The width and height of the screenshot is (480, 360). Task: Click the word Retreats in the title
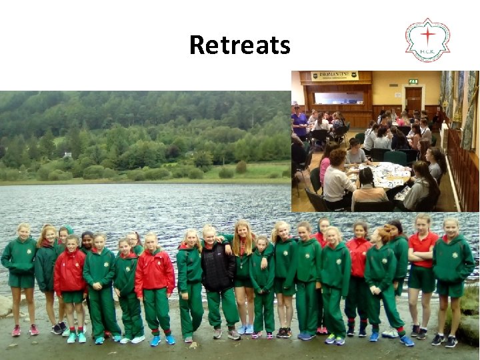tap(239, 45)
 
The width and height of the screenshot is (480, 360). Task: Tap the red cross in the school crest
tap(427, 34)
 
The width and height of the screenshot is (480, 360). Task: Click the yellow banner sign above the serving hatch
tap(335, 76)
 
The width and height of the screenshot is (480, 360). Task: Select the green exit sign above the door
tap(413, 82)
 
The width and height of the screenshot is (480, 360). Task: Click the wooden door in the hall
tap(413, 99)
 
